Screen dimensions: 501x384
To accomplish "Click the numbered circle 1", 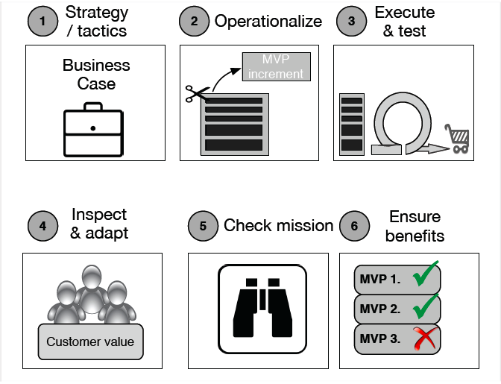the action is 42,21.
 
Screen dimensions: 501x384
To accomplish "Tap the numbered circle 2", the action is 194,21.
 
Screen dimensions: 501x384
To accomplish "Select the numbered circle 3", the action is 351,21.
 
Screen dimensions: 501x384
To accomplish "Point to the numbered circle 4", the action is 42,226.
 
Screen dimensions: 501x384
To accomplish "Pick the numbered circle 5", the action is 203,226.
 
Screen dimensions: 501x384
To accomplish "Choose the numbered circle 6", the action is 354,226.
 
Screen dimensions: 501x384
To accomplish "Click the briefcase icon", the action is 93,130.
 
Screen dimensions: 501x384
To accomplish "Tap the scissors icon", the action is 198,93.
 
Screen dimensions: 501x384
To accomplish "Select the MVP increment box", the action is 277,66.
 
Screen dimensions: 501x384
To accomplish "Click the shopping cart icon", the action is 457,139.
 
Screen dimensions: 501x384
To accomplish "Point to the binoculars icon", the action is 262,309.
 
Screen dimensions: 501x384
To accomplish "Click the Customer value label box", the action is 91,341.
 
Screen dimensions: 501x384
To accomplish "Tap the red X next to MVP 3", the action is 425,338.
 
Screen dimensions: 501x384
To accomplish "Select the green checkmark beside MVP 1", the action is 426,274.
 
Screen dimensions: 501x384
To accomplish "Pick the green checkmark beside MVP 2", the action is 426,306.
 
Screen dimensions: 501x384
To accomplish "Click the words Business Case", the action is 96,75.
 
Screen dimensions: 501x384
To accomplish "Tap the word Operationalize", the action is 268,22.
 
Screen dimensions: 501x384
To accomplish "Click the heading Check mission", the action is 278,225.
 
